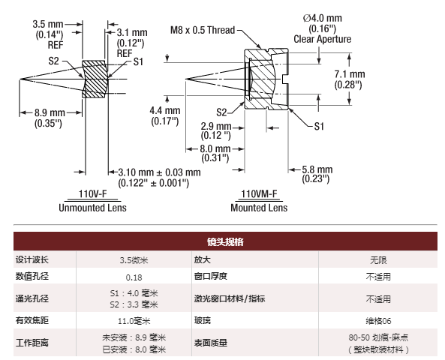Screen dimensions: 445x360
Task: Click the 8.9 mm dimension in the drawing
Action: [50, 112]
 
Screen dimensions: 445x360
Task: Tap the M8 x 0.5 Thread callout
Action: [203, 30]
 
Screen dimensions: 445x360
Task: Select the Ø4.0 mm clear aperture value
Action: [323, 18]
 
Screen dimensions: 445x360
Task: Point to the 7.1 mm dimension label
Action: [350, 74]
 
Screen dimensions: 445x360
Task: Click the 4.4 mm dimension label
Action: [165, 110]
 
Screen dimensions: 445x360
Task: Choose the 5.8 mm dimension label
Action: [317, 169]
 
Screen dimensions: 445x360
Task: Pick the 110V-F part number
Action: [92, 193]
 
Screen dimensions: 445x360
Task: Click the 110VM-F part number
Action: [259, 193]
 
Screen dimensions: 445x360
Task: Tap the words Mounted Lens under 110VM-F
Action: [259, 208]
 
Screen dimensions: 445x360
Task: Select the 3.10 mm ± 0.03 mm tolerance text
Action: [159, 172]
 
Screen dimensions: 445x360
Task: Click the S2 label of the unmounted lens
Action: [53, 61]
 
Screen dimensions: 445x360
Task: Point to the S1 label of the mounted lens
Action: [319, 127]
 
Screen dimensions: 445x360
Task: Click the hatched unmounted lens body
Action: [94, 79]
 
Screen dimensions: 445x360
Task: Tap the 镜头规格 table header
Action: [225, 241]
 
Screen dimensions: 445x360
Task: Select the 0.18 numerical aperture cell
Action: [134, 277]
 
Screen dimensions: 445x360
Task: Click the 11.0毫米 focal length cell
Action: [134, 321]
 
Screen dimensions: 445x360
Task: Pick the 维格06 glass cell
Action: [378, 321]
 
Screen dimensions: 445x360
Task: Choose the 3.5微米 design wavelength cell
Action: [134, 259]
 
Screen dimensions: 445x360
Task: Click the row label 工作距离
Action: [32, 343]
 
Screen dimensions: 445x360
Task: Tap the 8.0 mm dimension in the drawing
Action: [215, 148]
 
